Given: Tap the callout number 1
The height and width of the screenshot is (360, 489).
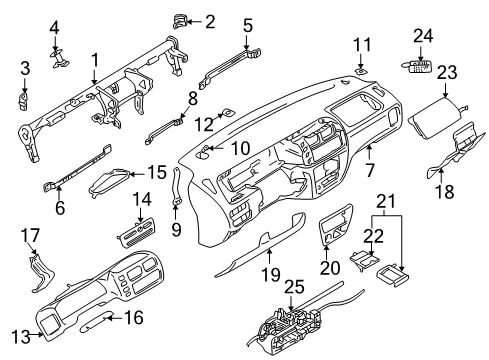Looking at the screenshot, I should click(94, 60).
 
